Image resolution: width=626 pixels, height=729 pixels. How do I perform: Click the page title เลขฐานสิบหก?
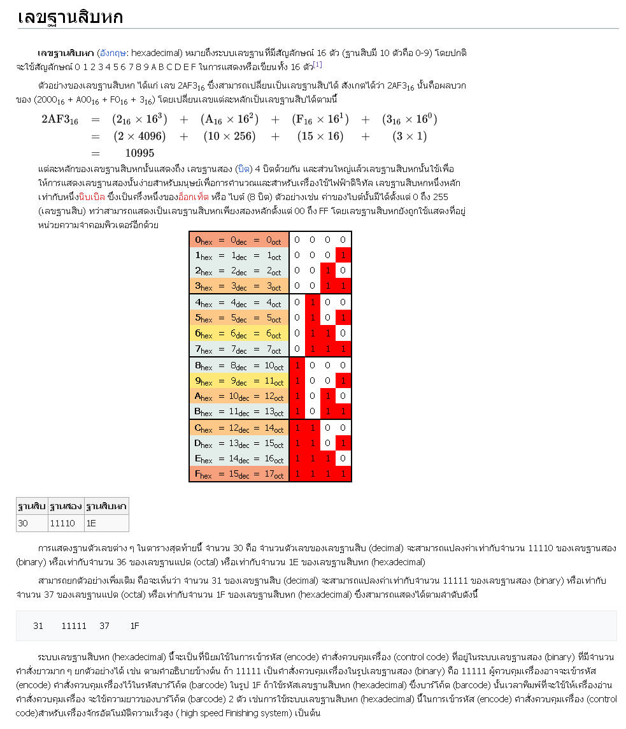pos(70,17)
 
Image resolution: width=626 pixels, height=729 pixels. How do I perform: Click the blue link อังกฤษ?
pos(112,52)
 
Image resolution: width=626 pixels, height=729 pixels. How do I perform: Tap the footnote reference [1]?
pos(317,64)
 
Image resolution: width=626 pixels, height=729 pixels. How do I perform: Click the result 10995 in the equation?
pos(139,153)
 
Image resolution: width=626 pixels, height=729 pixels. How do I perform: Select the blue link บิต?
pos(243,169)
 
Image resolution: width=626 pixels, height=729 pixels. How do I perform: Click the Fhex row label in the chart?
pos(238,473)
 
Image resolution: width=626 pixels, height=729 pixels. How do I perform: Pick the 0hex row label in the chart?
pos(238,240)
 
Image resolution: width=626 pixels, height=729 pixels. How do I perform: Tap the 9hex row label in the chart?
pos(238,381)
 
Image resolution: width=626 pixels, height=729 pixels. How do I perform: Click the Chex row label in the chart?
pos(238,428)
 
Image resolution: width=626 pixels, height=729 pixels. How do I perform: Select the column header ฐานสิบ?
pos(31,507)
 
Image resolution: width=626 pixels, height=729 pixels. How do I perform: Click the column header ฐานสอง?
pos(65,507)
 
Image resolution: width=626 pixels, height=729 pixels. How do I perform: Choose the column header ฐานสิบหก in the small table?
pos(106,507)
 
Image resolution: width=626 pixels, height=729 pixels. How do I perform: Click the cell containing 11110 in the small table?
pos(62,523)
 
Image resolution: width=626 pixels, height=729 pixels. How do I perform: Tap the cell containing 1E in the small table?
pos(92,523)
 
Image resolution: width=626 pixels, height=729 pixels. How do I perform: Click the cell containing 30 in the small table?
pos(24,523)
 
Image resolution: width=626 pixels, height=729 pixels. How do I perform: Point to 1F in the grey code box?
pos(134,626)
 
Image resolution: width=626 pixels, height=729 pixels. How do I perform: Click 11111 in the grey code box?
pos(74,626)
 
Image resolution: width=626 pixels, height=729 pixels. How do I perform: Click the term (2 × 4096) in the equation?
pos(139,136)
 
